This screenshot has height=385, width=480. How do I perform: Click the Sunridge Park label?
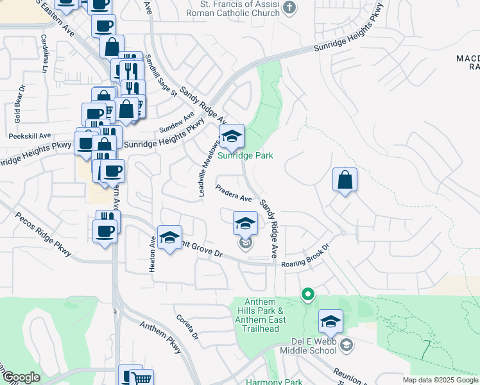coord(245,155)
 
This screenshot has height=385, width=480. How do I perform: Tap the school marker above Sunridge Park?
coord(232,136)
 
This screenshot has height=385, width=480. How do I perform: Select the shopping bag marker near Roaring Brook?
coord(345,180)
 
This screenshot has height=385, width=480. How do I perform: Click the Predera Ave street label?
coord(234,194)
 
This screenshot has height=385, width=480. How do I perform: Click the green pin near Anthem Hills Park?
coord(308,295)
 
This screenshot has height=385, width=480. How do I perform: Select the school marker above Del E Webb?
coord(330,321)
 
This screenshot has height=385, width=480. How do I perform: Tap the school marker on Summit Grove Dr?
coord(169,238)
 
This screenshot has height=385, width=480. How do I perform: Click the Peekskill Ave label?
coord(30,136)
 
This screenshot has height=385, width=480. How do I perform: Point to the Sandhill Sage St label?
coord(159,75)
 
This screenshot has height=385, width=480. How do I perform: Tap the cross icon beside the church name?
coord(290,7)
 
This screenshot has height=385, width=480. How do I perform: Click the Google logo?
coord(21,377)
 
